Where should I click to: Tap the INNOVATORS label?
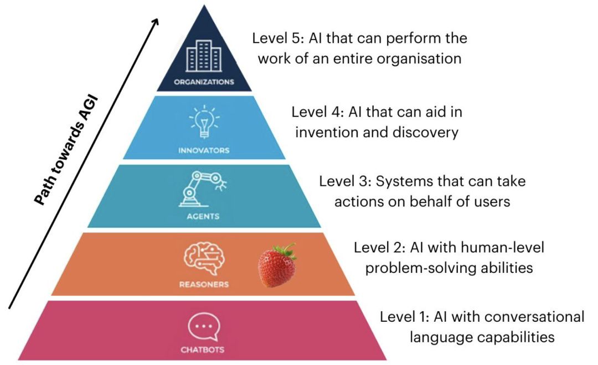tap(204, 150)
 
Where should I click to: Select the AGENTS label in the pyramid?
tap(204, 216)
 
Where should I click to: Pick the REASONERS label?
tap(203, 285)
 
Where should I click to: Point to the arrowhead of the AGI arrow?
tap(157, 21)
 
